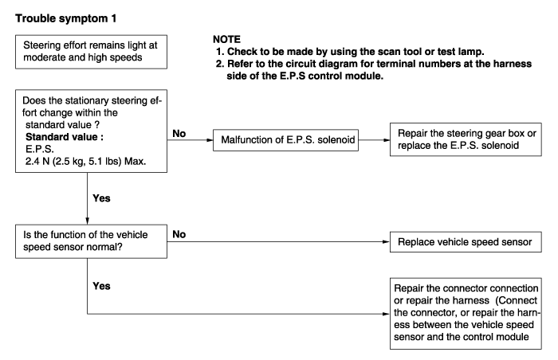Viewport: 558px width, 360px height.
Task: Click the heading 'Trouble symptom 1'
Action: pyautogui.click(x=66, y=18)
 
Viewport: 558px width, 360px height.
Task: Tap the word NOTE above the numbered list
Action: pyautogui.click(x=226, y=39)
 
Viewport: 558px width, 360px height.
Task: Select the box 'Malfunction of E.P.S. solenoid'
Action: pyautogui.click(x=285, y=140)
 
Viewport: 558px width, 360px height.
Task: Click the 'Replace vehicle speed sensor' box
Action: pyautogui.click(x=466, y=242)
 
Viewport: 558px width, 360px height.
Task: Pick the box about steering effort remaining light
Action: pyautogui.click(x=91, y=52)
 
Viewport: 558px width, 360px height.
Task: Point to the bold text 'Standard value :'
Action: pyautogui.click(x=65, y=137)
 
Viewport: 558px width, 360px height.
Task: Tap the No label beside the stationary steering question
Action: pyautogui.click(x=179, y=133)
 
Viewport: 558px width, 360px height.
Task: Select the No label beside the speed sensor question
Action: pyautogui.click(x=179, y=234)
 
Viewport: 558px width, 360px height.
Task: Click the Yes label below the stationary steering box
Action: pyautogui.click(x=101, y=198)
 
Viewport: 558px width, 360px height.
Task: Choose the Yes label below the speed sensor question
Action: pyautogui.click(x=101, y=286)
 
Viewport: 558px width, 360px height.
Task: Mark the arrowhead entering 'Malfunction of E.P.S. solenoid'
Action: pyautogui.click(x=210, y=140)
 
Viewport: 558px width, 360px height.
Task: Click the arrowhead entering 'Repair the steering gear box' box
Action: pyautogui.click(x=387, y=140)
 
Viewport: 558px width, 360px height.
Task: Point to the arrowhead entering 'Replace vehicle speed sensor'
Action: pyautogui.click(x=386, y=242)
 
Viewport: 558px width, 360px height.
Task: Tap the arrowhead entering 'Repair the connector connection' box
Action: pyautogui.click(x=386, y=314)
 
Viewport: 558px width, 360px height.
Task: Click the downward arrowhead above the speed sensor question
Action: pyautogui.click(x=87, y=221)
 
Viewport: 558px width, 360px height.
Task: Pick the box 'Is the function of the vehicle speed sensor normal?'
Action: pyautogui.click(x=91, y=241)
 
